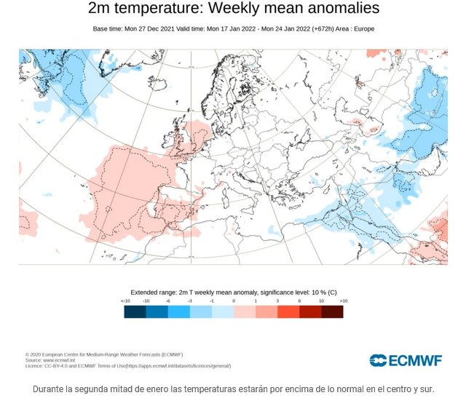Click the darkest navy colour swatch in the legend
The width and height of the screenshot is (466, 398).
click(135, 311)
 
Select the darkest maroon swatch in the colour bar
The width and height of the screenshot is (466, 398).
click(332, 311)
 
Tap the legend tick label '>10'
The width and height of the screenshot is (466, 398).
click(343, 301)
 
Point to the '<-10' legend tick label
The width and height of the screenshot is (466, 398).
click(125, 301)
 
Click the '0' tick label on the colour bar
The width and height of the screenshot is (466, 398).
click(234, 301)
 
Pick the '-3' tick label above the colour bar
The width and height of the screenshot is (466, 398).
click(190, 301)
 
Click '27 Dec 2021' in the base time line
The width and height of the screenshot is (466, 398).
click(160, 28)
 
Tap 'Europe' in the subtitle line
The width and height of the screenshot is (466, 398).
click(362, 28)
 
